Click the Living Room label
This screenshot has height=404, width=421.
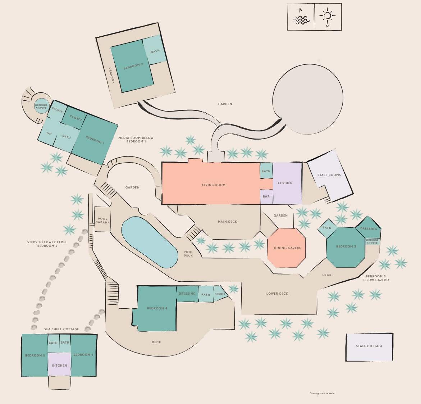click(x=214, y=185)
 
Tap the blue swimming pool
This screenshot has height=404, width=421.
click(x=150, y=242)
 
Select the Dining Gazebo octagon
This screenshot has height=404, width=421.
click(x=287, y=248)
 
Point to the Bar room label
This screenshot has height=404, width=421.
click(x=266, y=196)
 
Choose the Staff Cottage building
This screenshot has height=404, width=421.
click(x=369, y=346)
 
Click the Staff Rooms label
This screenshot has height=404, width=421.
click(x=329, y=175)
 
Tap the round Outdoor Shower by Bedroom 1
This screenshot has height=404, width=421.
click(x=41, y=106)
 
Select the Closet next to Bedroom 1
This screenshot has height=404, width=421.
click(x=75, y=118)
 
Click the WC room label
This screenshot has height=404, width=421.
click(x=49, y=133)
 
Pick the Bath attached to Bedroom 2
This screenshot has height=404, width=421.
click(x=155, y=51)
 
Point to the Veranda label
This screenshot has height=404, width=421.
click(x=112, y=75)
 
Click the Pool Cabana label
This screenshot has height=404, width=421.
click(x=103, y=220)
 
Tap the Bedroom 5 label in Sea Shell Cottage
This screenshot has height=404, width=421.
click(x=35, y=355)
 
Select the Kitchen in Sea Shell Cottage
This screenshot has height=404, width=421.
click(x=60, y=366)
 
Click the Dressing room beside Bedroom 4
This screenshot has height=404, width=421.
click(x=187, y=294)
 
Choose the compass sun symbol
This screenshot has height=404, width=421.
click(x=327, y=16)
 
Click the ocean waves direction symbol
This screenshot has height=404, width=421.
click(x=301, y=18)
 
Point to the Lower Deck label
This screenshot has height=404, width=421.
click(x=277, y=294)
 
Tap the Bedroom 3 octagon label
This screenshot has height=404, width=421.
click(x=346, y=246)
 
